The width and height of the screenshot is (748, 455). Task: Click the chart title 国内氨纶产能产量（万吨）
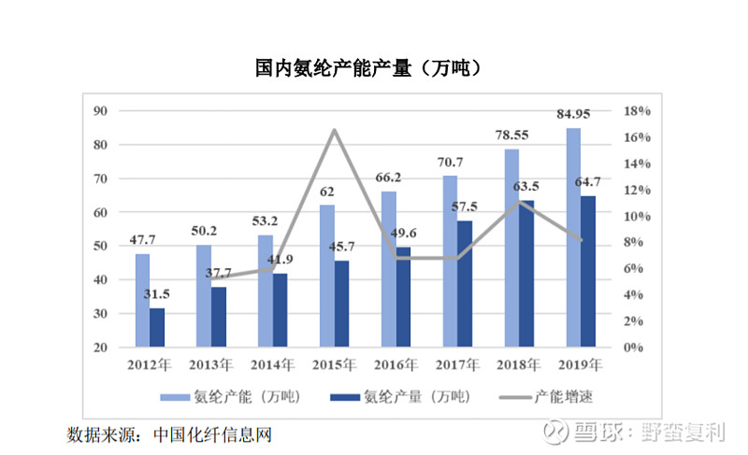point(374,68)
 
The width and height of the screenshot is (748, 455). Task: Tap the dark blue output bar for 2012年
point(157,327)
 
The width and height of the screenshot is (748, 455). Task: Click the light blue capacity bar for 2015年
point(327,276)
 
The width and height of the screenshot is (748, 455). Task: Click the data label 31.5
point(157,294)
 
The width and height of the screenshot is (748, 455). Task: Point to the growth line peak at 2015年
point(335,129)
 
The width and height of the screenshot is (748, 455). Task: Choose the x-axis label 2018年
point(519,364)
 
